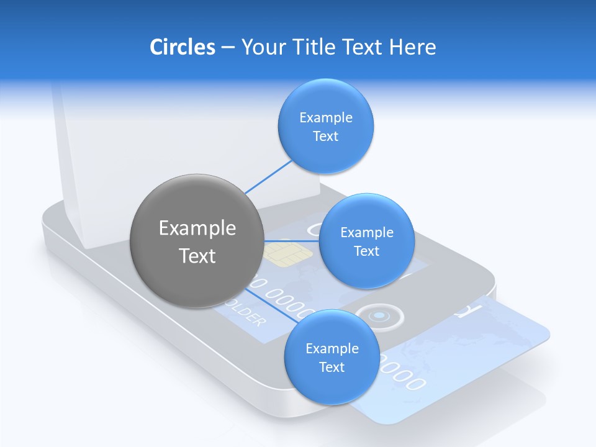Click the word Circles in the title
point(182,47)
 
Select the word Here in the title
point(412,47)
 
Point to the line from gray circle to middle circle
point(291,241)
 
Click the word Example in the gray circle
point(197,228)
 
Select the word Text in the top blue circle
point(325,136)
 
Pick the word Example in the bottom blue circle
point(332,348)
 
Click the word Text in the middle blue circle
point(366,251)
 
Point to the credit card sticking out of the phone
point(472,354)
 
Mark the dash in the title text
point(227,48)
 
